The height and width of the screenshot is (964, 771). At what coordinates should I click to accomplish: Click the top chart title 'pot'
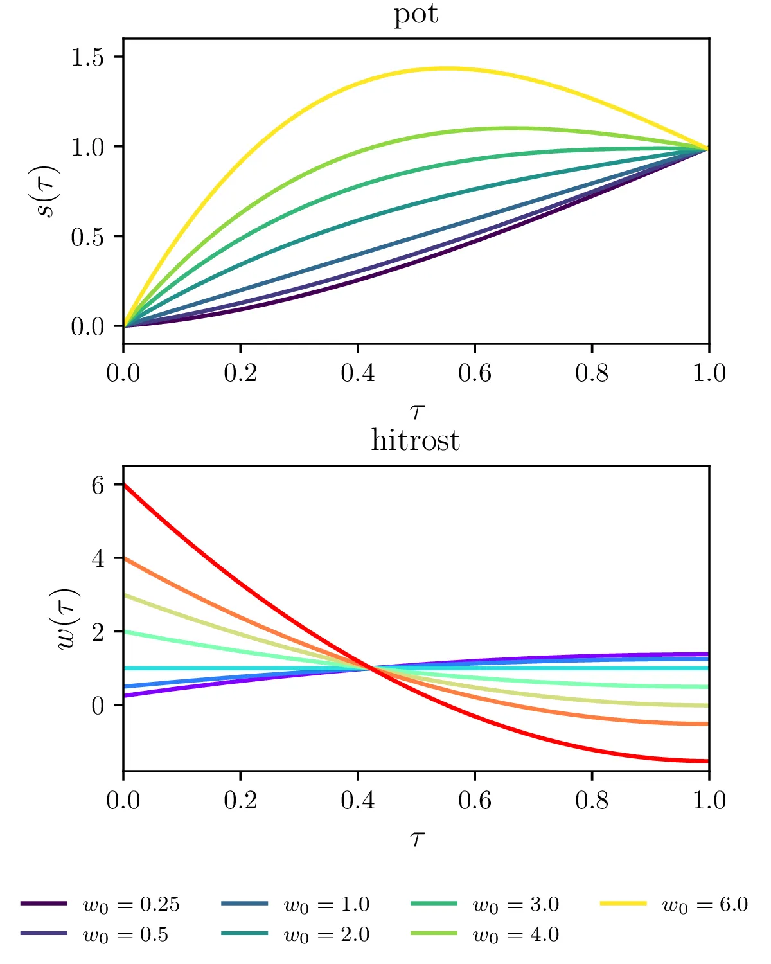tap(416, 14)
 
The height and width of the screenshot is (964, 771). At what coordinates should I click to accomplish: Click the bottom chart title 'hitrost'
tap(416, 441)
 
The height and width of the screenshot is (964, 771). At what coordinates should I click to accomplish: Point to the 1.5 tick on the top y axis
tap(87, 57)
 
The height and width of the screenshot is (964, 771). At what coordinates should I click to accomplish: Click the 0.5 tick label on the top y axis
tap(87, 237)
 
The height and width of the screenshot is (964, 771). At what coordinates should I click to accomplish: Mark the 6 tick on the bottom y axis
tap(98, 485)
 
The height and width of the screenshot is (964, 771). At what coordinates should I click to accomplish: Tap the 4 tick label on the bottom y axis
tap(98, 558)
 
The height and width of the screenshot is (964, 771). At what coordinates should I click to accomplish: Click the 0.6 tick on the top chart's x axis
tap(475, 373)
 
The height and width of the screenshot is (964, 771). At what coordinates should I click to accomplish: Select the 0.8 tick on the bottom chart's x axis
tap(592, 800)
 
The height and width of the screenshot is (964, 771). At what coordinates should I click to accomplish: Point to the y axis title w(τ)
tap(67, 618)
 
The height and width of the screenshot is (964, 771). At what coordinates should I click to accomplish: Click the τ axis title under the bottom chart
tap(417, 837)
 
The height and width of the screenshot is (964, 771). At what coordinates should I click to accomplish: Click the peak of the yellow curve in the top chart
tap(445, 68)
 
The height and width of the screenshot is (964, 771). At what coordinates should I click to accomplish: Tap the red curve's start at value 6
tap(124, 484)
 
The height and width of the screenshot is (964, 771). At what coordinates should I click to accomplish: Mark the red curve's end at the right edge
tap(708, 762)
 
